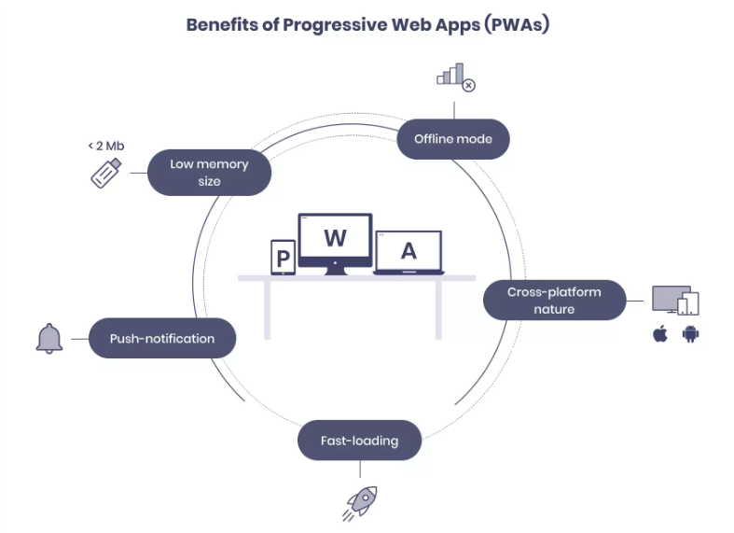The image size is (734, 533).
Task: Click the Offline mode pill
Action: click(x=453, y=139)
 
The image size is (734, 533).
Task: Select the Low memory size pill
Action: click(x=209, y=172)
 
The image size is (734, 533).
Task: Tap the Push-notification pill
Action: click(x=162, y=339)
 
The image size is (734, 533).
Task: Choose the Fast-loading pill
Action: click(x=359, y=441)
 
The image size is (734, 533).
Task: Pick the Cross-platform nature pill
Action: click(x=554, y=300)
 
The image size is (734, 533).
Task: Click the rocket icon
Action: click(x=360, y=501)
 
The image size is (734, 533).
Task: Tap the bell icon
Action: click(x=49, y=338)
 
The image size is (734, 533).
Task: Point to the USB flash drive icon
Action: click(x=105, y=173)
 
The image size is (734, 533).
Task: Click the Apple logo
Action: click(x=660, y=334)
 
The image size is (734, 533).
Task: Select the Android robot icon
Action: click(x=690, y=334)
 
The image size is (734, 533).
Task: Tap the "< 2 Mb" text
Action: click(x=105, y=146)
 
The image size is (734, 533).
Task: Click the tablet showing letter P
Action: click(x=283, y=257)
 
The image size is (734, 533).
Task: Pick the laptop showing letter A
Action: click(x=409, y=251)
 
